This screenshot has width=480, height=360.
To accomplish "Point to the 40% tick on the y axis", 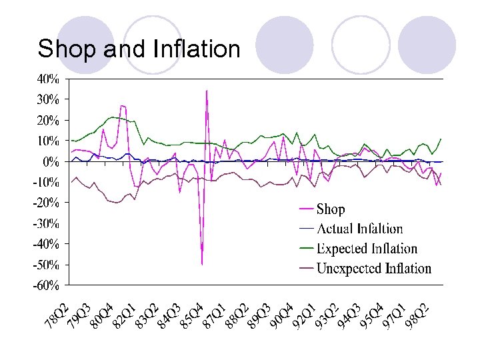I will point(48,79).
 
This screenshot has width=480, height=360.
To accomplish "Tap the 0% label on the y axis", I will point(51,162).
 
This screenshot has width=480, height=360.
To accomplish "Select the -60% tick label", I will point(46,286).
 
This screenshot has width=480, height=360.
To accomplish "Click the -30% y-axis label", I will point(46,224).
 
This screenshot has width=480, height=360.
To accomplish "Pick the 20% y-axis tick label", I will point(48,121).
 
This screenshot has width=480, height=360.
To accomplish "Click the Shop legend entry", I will point(331,209).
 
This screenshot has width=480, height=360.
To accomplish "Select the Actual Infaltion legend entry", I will point(359,229).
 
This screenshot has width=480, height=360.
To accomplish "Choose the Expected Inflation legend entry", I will point(367,249).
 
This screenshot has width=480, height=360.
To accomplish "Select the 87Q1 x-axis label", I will point(215,315).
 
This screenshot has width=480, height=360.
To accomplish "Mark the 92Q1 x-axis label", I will point(305,315).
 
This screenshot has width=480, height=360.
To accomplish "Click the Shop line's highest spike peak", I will point(207,90).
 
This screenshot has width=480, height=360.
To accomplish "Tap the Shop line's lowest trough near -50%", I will point(201,263).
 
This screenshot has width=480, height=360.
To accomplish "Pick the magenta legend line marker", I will point(306,209).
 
